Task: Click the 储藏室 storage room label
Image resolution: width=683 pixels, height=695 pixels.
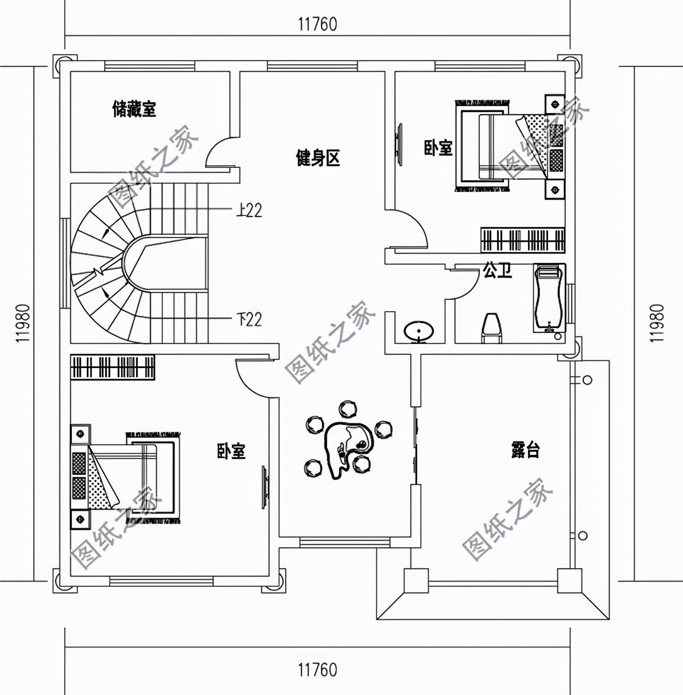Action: (x=134, y=109)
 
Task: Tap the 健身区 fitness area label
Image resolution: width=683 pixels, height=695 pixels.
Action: (x=318, y=158)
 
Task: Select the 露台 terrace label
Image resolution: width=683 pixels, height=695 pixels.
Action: (x=525, y=449)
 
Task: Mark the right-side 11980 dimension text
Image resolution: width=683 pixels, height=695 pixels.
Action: (x=657, y=323)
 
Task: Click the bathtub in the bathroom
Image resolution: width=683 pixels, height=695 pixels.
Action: (x=549, y=298)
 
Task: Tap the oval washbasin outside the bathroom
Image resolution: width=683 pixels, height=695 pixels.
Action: (x=419, y=331)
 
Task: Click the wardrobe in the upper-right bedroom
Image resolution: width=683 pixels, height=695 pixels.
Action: (x=523, y=240)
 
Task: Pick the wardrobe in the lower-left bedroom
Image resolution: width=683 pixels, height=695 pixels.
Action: (x=113, y=367)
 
